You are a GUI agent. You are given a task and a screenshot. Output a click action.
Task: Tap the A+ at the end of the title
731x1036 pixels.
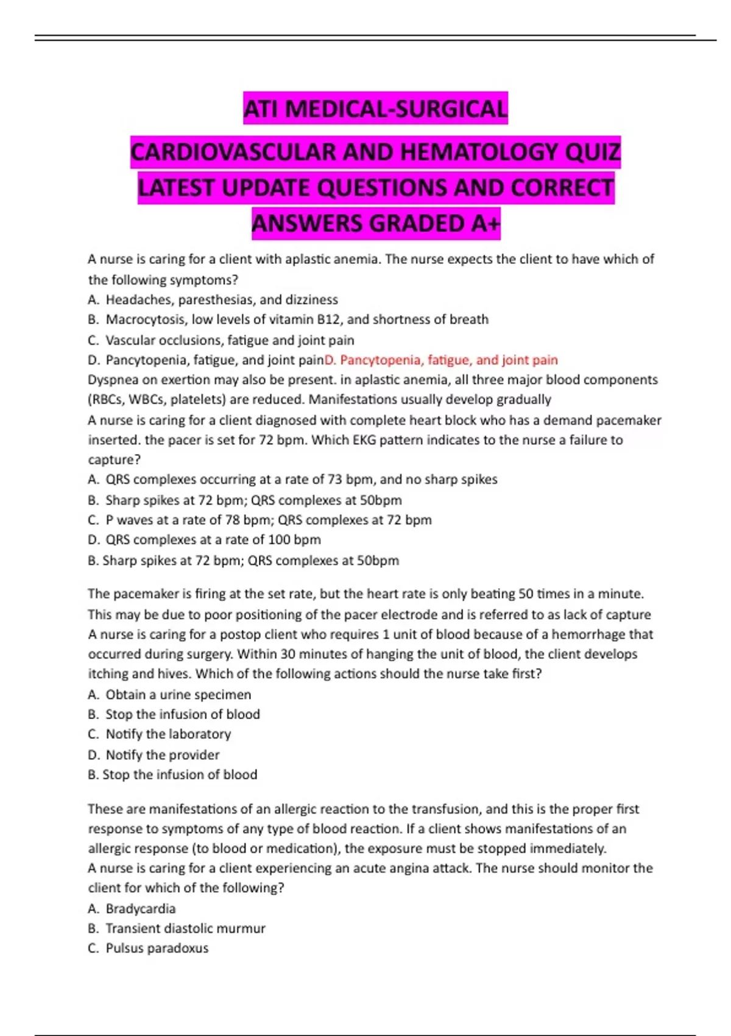click(486, 224)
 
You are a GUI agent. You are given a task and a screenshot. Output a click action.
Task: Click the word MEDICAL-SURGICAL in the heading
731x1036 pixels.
click(396, 108)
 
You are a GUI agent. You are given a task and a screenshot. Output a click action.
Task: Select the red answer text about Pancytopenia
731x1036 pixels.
click(441, 360)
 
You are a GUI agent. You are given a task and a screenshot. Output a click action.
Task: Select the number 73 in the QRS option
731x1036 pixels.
click(335, 480)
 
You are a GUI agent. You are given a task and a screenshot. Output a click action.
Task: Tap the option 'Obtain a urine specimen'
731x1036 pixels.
click(178, 695)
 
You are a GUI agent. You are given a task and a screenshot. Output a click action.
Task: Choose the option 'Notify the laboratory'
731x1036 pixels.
click(168, 734)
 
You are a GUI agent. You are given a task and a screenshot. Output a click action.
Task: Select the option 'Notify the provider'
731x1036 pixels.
click(163, 755)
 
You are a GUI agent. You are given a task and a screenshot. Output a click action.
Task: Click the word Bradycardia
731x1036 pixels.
click(141, 909)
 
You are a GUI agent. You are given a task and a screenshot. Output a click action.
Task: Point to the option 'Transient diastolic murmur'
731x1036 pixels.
click(185, 929)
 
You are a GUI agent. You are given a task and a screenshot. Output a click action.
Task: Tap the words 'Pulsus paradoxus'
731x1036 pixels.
click(157, 948)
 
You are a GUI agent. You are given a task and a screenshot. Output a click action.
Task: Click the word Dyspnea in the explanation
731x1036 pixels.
click(112, 380)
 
